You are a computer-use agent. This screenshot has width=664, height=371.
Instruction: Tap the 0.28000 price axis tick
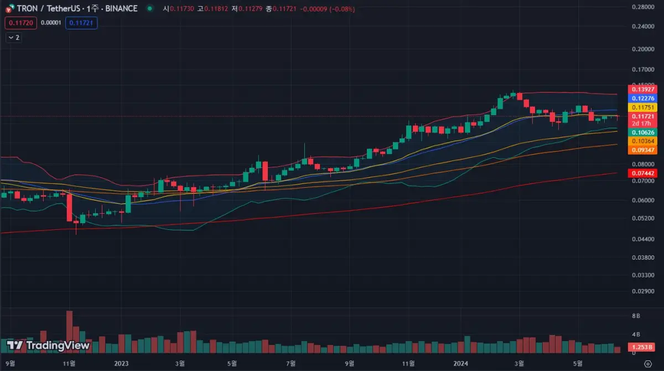(x=644, y=7)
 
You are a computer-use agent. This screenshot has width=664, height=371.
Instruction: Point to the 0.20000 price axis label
(x=644, y=49)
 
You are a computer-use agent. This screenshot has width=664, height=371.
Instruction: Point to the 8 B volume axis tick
(x=636, y=316)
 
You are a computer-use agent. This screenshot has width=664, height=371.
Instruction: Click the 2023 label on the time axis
(x=121, y=363)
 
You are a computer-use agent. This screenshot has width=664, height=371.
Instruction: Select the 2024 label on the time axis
(x=461, y=363)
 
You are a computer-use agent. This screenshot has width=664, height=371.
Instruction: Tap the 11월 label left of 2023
(x=69, y=363)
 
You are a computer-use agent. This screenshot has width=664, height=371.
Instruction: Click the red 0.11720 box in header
(x=20, y=23)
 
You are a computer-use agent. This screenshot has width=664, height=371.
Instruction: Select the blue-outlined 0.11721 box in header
(x=81, y=23)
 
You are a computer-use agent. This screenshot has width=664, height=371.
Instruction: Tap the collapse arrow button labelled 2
(x=14, y=38)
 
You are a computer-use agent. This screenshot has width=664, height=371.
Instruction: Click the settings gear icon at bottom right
(x=648, y=363)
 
